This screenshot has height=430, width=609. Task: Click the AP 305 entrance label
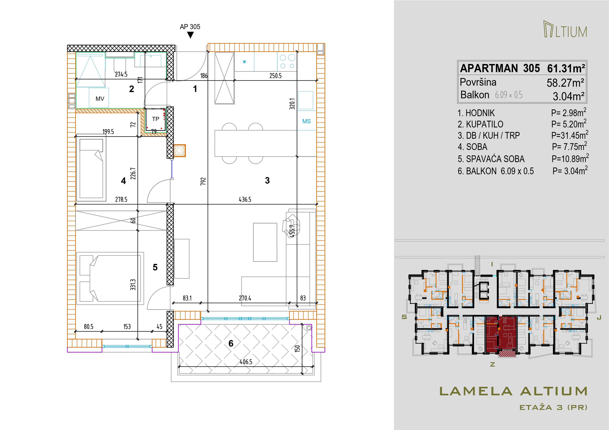point(190,27)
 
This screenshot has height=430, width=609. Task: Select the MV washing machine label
point(100,99)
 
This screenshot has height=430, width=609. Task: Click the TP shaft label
point(156,119)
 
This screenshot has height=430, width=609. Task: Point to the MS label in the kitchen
point(306,121)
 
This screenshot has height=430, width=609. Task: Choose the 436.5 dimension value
point(245,200)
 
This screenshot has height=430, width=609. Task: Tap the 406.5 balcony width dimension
point(246,362)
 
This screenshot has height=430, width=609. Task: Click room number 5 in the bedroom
point(155,267)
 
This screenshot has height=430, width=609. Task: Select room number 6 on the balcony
point(231,343)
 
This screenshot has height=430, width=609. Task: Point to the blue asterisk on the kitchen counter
point(244,62)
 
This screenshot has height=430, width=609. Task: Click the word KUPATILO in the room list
point(485,124)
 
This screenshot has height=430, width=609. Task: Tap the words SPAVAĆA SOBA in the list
point(495,159)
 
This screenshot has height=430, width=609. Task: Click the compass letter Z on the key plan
point(493,365)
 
